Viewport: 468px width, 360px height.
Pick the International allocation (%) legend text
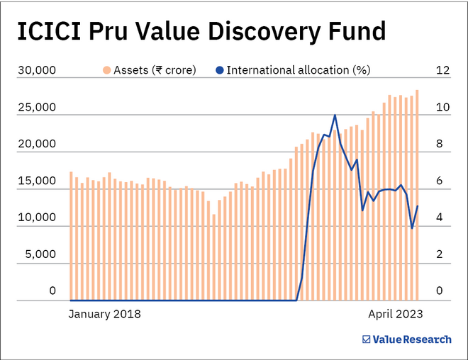pyautogui.click(x=299, y=70)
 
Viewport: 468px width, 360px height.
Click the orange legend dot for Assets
pyautogui.click(x=106, y=70)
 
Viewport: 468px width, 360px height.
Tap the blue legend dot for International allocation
pyautogui.click(x=220, y=70)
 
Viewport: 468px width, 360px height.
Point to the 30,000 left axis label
pyautogui.click(x=36, y=70)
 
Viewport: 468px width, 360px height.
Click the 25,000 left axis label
pyautogui.click(x=36, y=107)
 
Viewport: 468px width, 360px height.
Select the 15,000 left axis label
pyautogui.click(x=36, y=181)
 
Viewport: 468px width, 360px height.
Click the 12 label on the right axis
pyautogui.click(x=443, y=70)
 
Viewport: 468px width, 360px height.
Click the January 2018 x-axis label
pyautogui.click(x=105, y=313)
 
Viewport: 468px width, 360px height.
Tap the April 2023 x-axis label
pyautogui.click(x=395, y=313)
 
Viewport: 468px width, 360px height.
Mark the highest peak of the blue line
pyautogui.click(x=335, y=115)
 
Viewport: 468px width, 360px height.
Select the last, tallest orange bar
pyautogui.click(x=417, y=195)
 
